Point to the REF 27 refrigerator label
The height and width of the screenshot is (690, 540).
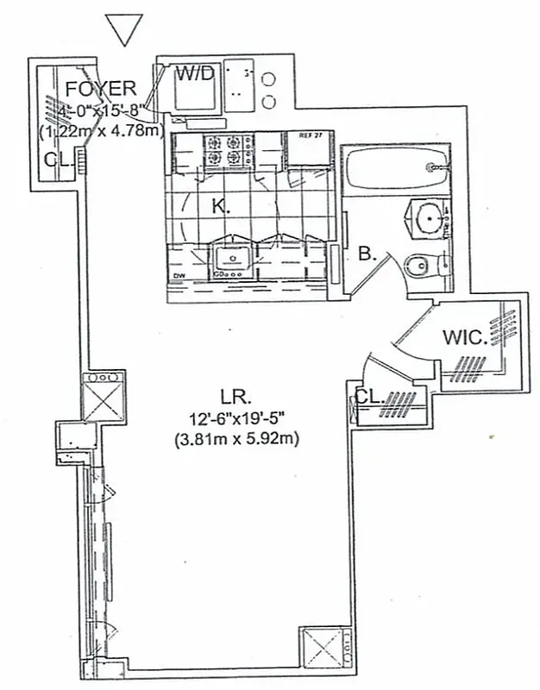coord(310,135)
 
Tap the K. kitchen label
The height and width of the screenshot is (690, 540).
coord(222,208)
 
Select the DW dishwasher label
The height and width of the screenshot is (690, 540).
coord(179,276)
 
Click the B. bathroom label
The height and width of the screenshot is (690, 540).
coord(366,254)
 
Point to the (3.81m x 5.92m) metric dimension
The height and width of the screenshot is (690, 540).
coord(234,439)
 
